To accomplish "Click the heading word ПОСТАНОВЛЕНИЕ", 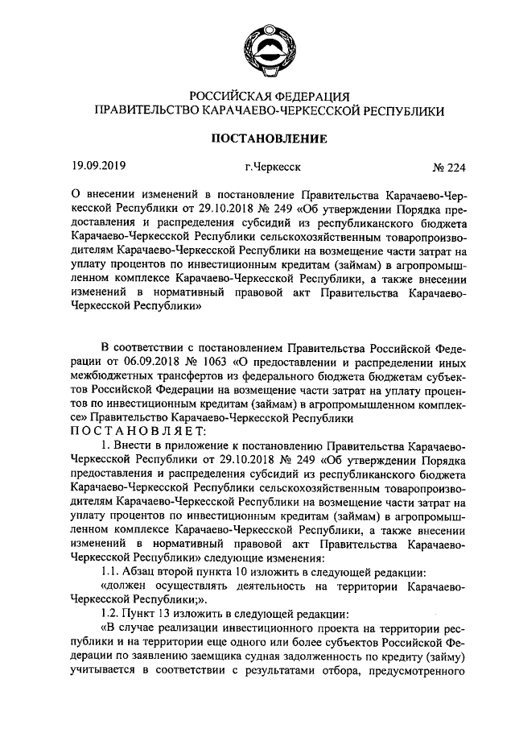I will point(269,139).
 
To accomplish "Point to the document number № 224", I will point(449,168).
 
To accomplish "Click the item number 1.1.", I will point(112,572).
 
